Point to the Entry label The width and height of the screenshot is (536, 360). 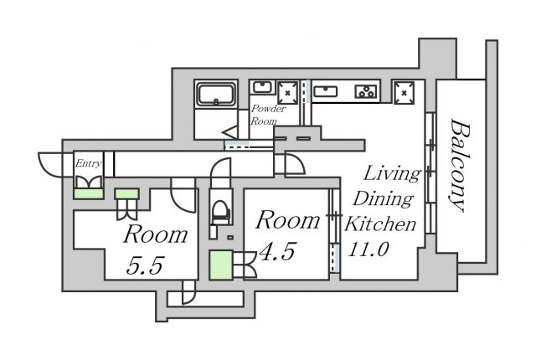tap(88, 163)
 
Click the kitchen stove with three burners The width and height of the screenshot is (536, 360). tap(365, 90)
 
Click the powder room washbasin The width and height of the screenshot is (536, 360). tap(262, 87)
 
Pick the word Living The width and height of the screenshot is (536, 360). tap(391, 174)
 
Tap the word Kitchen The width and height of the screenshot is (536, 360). tap(381, 224)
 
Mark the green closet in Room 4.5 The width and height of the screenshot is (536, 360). tap(221, 265)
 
